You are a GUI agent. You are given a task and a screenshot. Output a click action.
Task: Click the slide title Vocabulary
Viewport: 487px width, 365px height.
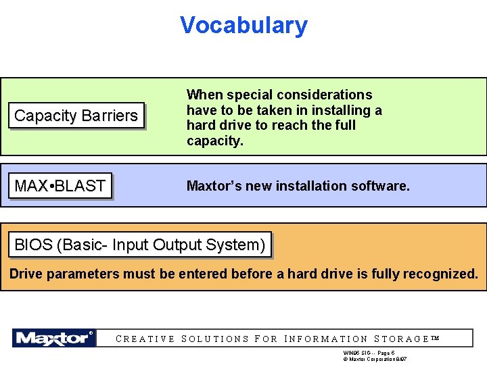(x=243, y=26)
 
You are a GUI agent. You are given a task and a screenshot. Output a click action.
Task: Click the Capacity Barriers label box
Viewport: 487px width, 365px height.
(x=76, y=116)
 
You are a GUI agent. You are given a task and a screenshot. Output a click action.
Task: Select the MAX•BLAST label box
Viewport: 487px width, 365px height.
(x=60, y=186)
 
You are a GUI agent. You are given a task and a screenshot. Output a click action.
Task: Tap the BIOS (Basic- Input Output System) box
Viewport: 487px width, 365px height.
(x=140, y=245)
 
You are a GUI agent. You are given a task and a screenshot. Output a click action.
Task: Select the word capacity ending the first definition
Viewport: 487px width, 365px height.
(x=214, y=141)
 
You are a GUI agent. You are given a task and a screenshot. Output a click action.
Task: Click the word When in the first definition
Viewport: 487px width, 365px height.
(x=204, y=95)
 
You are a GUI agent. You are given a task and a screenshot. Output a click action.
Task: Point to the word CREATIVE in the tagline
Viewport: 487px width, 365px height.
(x=146, y=339)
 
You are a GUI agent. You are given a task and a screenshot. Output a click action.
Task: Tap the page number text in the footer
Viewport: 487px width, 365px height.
(x=369, y=353)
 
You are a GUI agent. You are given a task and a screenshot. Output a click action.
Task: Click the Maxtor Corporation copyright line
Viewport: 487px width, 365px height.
(x=375, y=360)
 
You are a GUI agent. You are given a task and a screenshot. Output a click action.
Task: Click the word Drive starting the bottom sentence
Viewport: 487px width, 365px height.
(x=25, y=274)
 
